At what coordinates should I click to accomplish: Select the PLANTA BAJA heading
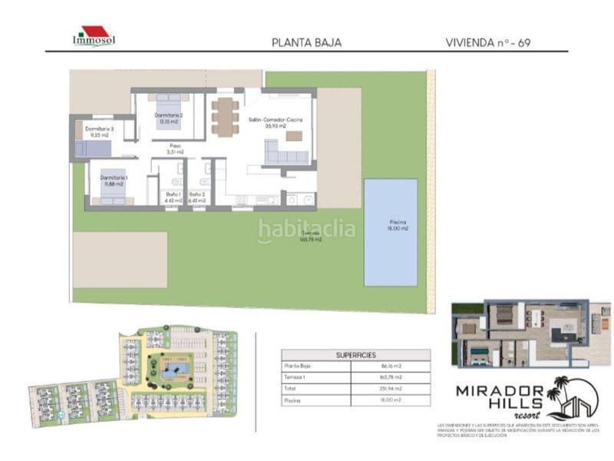click(306, 43)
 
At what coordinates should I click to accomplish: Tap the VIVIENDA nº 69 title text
click(487, 43)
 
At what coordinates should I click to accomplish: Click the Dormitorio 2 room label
click(169, 118)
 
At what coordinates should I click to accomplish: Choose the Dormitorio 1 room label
click(114, 181)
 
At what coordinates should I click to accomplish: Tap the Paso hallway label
click(175, 148)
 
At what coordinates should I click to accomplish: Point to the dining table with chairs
click(224, 117)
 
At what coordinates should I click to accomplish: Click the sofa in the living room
click(286, 154)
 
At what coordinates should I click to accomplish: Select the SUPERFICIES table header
click(355, 356)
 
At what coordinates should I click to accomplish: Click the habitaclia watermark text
click(306, 229)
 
